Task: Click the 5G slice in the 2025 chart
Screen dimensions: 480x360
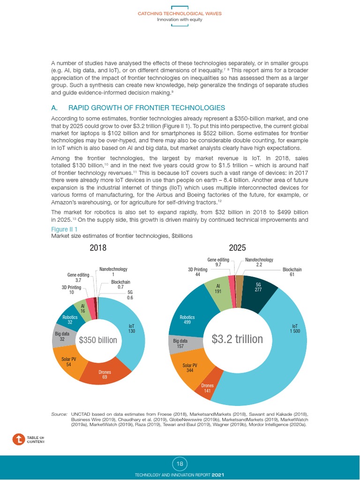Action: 258,287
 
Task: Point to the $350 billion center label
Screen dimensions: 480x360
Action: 98,340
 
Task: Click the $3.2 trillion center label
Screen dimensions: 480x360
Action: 237,338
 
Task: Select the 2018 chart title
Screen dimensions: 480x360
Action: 98,248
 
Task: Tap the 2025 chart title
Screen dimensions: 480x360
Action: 237,248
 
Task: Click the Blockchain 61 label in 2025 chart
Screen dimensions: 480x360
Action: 292,272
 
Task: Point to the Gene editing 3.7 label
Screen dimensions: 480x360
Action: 78,277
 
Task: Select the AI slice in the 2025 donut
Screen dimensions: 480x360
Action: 218,288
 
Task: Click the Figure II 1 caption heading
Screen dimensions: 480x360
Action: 64,229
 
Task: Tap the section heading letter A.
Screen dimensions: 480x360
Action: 54,108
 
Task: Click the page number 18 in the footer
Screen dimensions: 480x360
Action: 180,464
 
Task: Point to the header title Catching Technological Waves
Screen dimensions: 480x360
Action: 180,14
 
